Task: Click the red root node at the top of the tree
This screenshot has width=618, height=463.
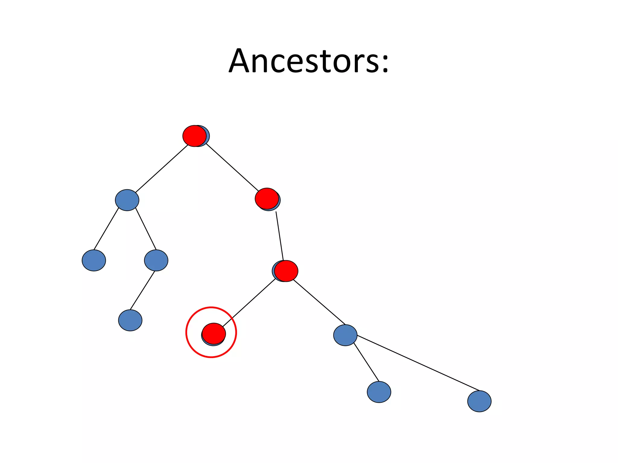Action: click(194, 136)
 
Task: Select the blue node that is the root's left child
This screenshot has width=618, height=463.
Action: click(127, 200)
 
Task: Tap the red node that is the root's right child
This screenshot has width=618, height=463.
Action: click(267, 198)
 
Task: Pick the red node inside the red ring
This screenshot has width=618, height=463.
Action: click(214, 333)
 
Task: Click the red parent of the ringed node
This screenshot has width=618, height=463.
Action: click(286, 271)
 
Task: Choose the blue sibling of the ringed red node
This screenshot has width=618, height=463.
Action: click(345, 335)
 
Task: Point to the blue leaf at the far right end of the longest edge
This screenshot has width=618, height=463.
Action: click(479, 401)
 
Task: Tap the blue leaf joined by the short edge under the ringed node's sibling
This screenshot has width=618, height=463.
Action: click(379, 392)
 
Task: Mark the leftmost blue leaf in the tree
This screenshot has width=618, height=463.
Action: click(94, 260)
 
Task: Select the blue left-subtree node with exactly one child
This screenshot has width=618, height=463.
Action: click(156, 260)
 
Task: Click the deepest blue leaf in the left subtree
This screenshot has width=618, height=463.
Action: click(130, 320)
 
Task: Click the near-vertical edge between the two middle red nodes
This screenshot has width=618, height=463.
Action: click(279, 236)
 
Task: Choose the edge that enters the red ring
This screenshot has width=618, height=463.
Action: click(249, 303)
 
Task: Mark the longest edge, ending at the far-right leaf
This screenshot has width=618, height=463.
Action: click(418, 363)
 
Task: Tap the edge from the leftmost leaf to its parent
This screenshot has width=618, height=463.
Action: click(106, 229)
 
